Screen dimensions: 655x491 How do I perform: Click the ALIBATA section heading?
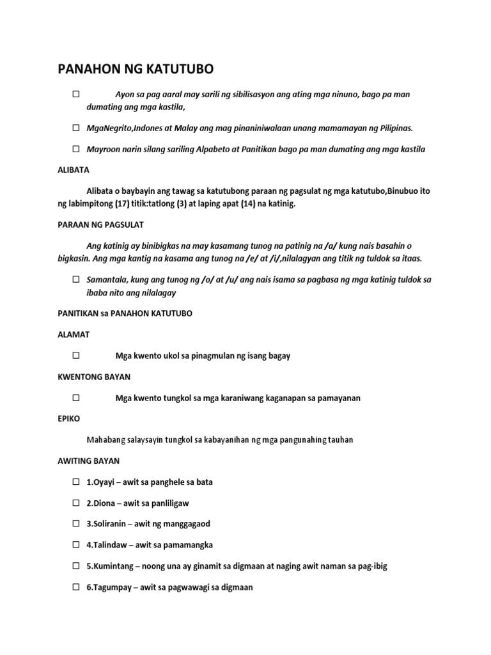pos(74,170)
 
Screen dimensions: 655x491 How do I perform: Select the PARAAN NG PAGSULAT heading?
pos(100,225)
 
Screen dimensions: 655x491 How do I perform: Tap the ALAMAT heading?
pos(74,335)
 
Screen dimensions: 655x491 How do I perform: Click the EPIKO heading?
pos(69,418)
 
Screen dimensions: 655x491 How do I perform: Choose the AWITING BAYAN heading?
pos(89,461)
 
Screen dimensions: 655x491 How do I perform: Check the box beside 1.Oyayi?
pos(76,482)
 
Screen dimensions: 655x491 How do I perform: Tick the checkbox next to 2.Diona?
pos(76,503)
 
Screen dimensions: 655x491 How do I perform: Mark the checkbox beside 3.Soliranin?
pos(76,524)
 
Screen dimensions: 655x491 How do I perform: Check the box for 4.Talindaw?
pos(76,545)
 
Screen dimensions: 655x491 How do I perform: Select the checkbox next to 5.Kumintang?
pos(76,566)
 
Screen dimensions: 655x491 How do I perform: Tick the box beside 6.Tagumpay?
pos(76,587)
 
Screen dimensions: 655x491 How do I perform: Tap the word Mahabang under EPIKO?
pos(106,439)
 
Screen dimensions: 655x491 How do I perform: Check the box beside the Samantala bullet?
pos(76,280)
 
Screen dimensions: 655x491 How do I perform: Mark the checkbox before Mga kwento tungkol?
pos(76,398)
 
